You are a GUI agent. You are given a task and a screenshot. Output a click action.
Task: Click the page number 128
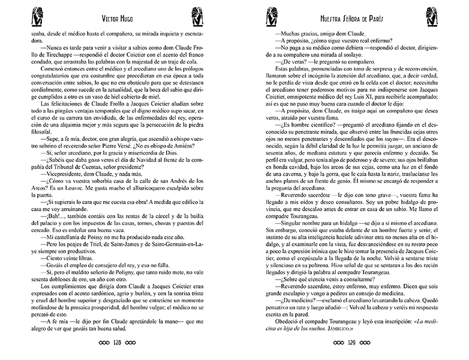point(117,344)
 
